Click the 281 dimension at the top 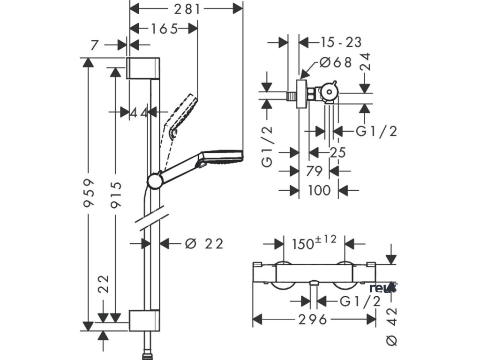tap(186, 8)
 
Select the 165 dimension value tap(164, 29)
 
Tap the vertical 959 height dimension tap(89, 195)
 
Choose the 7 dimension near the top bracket tap(94, 45)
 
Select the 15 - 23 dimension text tap(341, 42)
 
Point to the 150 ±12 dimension tap(314, 243)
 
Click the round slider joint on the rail tap(155, 181)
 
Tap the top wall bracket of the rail tap(144, 68)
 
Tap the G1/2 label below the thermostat tap(359, 301)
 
